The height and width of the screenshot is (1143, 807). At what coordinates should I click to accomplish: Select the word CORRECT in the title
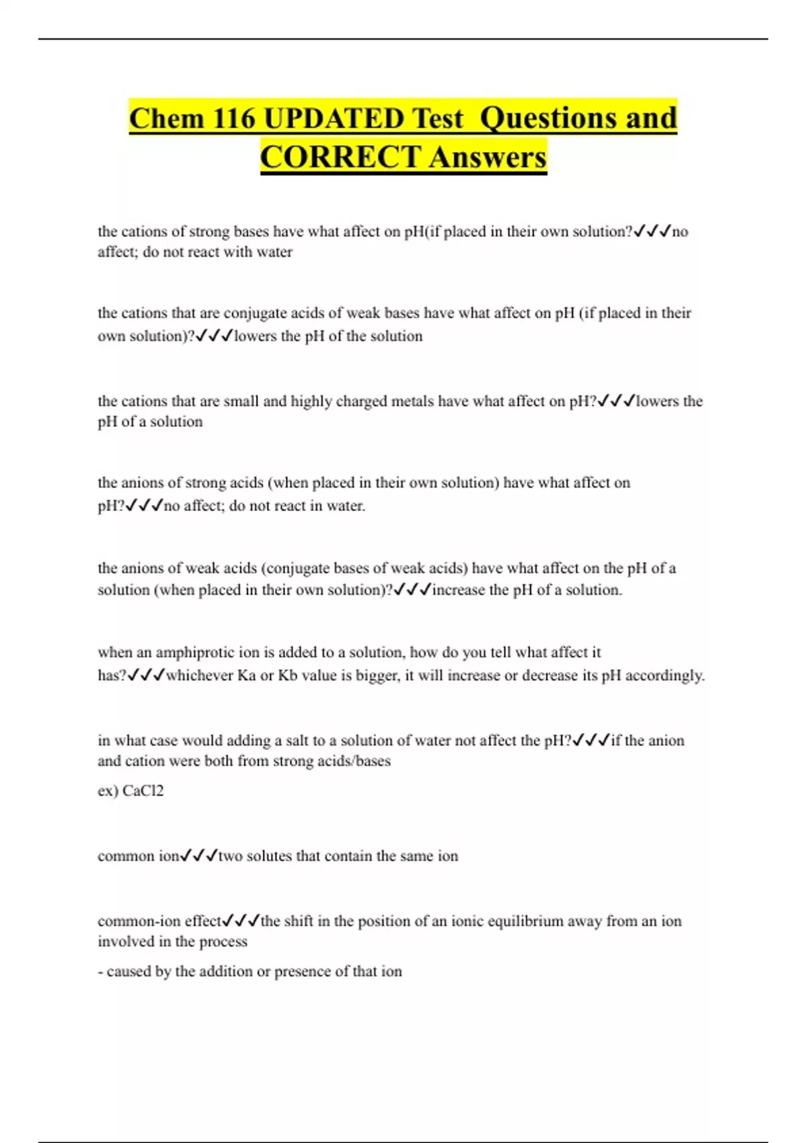click(340, 158)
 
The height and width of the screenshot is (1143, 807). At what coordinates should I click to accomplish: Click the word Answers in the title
click(487, 158)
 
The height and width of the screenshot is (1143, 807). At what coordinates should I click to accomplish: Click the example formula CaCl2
click(143, 791)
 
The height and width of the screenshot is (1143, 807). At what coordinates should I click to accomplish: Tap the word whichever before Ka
click(200, 675)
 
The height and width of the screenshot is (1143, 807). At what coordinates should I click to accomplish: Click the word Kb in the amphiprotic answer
click(287, 675)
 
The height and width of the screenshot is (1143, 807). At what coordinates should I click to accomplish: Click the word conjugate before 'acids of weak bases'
click(256, 313)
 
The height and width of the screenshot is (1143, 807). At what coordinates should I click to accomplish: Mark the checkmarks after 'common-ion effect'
click(241, 920)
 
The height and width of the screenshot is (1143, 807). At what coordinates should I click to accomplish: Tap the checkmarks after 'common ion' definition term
click(199, 856)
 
